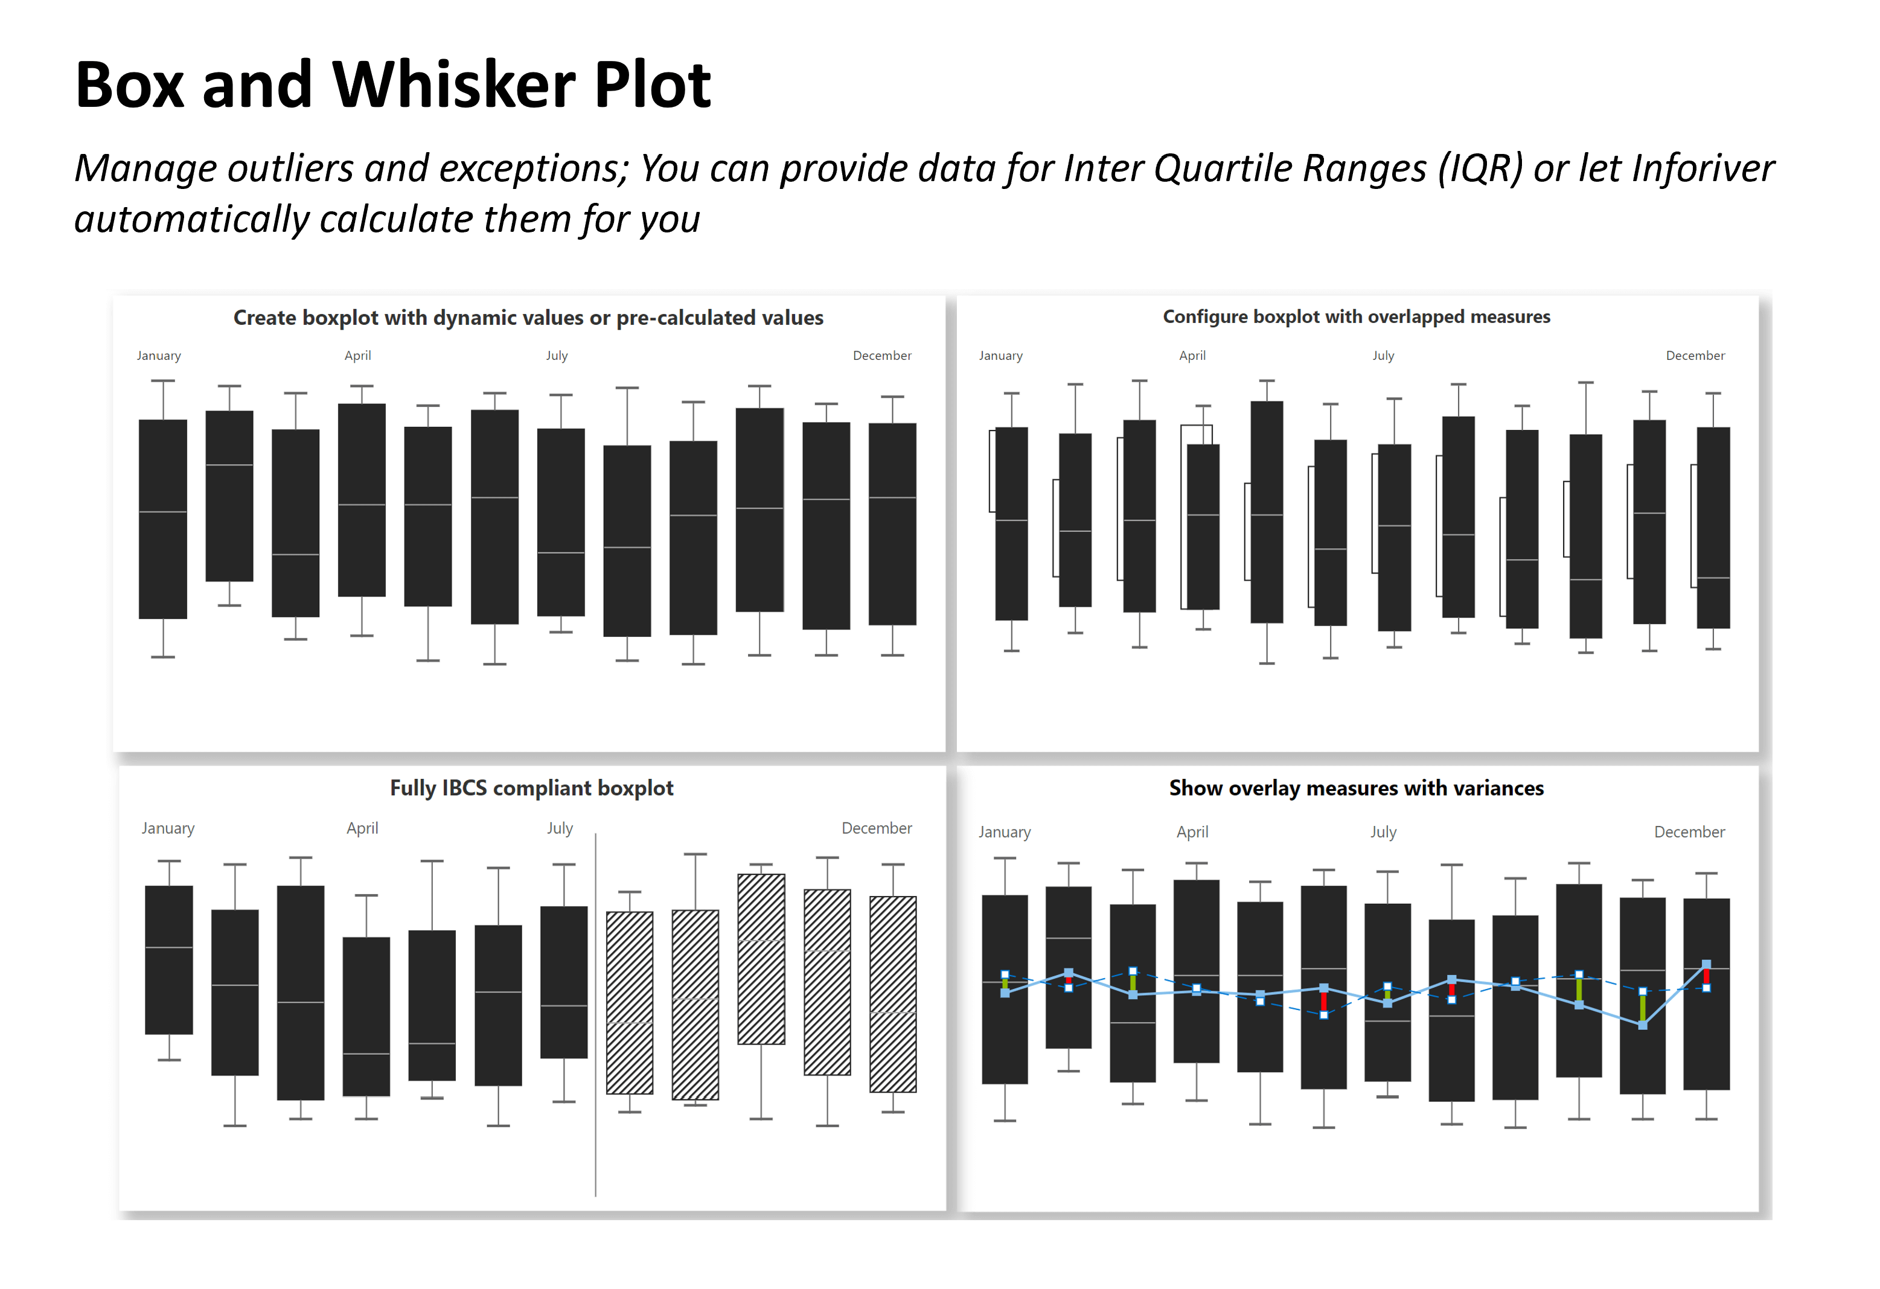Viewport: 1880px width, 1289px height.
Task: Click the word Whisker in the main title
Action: point(453,85)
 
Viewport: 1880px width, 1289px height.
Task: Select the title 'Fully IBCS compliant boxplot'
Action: point(531,788)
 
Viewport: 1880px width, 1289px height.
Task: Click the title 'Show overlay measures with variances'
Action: point(1356,788)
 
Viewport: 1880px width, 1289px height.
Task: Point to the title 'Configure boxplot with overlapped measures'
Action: point(1356,317)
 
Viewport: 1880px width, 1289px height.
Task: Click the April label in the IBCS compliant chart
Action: point(362,828)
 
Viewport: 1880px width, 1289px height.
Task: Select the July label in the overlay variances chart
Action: point(1383,832)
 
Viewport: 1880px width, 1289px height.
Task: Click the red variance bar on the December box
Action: point(1706,976)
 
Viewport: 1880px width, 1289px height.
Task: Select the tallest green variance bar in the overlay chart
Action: point(1642,1008)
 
